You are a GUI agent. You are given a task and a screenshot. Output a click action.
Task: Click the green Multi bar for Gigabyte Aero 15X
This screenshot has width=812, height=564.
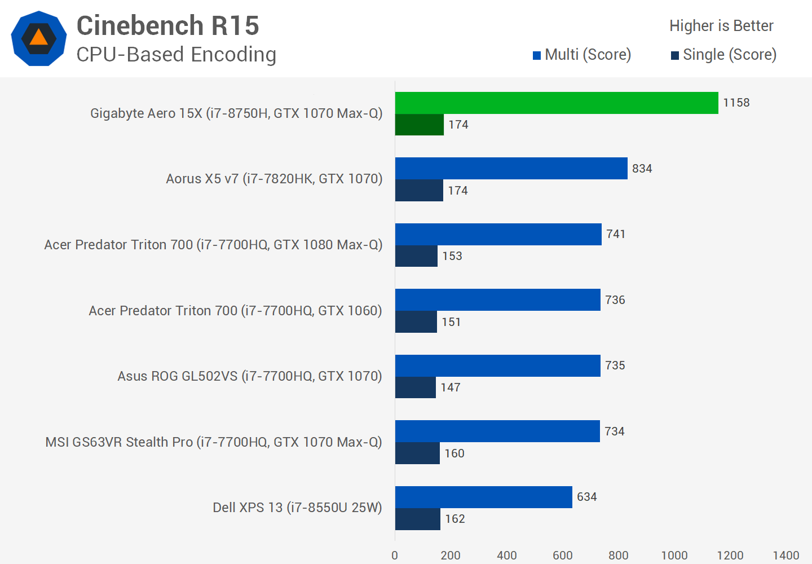[557, 103]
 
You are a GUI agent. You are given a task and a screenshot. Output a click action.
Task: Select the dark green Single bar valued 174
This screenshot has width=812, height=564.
[420, 125]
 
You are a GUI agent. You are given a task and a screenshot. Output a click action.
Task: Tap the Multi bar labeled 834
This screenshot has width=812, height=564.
[511, 168]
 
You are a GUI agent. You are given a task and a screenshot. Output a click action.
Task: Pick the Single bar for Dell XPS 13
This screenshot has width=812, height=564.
[418, 519]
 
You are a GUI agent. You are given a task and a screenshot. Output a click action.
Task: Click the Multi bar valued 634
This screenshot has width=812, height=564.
[484, 497]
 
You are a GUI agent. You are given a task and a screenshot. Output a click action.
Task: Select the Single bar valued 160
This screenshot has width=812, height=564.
[417, 453]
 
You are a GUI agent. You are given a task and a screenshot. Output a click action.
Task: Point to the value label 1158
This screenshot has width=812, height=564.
[736, 103]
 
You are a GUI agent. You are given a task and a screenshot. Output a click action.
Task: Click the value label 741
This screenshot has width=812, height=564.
[616, 234]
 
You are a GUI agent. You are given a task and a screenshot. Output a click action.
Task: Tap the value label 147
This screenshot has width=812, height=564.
[451, 387]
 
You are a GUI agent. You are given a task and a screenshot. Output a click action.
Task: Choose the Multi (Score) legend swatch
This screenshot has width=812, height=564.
[537, 55]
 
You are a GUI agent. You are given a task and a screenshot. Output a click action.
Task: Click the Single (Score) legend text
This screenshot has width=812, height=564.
[730, 55]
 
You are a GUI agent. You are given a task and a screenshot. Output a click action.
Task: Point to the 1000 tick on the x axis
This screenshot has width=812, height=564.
[674, 556]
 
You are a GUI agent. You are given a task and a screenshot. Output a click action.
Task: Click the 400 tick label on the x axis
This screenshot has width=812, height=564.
[506, 556]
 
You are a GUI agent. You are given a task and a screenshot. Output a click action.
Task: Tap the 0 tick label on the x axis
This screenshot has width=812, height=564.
[395, 556]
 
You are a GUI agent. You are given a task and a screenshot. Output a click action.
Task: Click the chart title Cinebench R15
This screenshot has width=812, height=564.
[167, 25]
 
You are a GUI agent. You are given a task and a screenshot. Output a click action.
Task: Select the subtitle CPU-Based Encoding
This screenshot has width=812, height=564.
[176, 55]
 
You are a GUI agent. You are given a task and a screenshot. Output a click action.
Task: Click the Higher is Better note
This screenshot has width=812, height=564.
[721, 26]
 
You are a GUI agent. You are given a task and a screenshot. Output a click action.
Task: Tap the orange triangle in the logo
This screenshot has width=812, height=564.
[38, 38]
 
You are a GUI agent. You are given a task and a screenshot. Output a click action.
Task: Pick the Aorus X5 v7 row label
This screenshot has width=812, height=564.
[274, 179]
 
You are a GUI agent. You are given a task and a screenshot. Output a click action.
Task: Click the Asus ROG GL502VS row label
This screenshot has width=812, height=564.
[249, 376]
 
